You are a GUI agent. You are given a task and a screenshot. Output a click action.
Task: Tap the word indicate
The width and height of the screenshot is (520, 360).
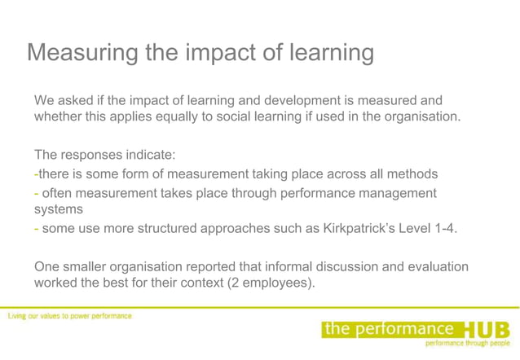pyautogui.click(x=150, y=155)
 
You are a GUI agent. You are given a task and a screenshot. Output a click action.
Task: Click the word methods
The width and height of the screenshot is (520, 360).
pyautogui.click(x=412, y=174)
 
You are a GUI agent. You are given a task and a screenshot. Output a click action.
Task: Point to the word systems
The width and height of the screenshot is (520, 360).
pyautogui.click(x=59, y=209)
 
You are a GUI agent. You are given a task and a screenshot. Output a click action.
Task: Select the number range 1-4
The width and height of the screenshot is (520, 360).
pyautogui.click(x=444, y=229)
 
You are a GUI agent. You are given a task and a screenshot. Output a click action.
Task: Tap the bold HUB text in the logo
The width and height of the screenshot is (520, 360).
pyautogui.click(x=487, y=330)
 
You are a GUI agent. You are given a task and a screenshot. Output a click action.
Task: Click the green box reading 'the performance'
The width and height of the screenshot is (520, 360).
pyautogui.click(x=389, y=328)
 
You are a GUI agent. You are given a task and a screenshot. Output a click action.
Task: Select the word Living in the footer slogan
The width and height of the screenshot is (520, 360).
pyautogui.click(x=20, y=315)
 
